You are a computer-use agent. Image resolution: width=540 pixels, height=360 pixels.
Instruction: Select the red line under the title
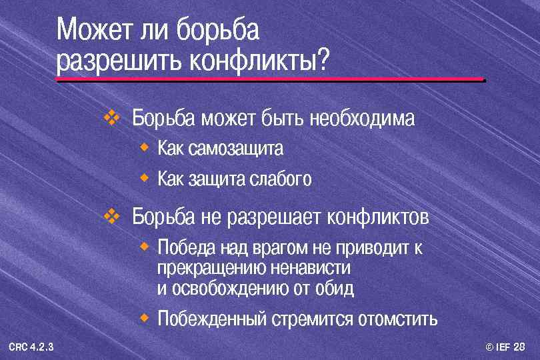270,79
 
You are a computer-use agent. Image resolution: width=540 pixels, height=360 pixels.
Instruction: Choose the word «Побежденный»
211,319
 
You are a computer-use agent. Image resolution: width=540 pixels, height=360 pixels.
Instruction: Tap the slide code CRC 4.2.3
31,346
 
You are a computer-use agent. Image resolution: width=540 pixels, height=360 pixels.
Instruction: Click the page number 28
519,347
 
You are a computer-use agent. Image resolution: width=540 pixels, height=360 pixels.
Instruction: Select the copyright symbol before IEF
490,347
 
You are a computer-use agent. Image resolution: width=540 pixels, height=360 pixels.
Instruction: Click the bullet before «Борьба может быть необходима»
111,118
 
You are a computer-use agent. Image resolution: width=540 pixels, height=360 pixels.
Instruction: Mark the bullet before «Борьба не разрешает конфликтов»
111,216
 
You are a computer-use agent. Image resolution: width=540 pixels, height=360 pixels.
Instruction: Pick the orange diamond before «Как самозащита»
144,145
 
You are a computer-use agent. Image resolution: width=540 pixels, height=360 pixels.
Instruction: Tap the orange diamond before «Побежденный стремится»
144,316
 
